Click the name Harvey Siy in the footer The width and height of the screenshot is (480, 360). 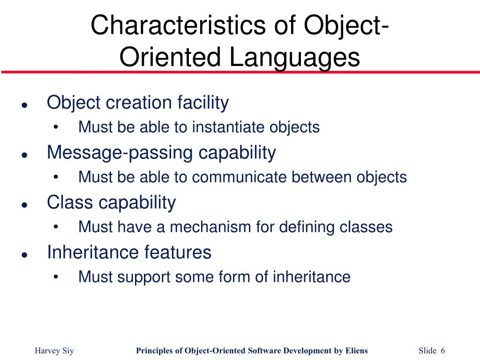coord(55,351)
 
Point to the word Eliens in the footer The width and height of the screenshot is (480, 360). coord(356,351)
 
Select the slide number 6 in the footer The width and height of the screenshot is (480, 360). coord(442,351)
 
